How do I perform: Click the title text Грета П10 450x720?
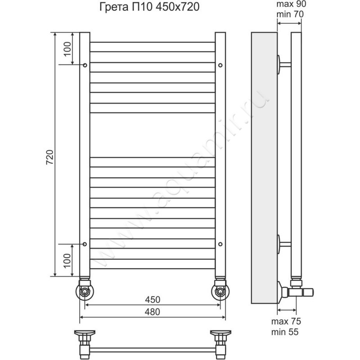149,7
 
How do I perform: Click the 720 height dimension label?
50,157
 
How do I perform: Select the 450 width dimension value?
153,300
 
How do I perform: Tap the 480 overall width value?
153,312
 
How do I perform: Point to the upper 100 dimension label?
67,49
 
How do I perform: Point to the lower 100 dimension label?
67,261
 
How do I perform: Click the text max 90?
291,4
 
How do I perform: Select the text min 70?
290,14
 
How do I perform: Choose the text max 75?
286,322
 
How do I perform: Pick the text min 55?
285,332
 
